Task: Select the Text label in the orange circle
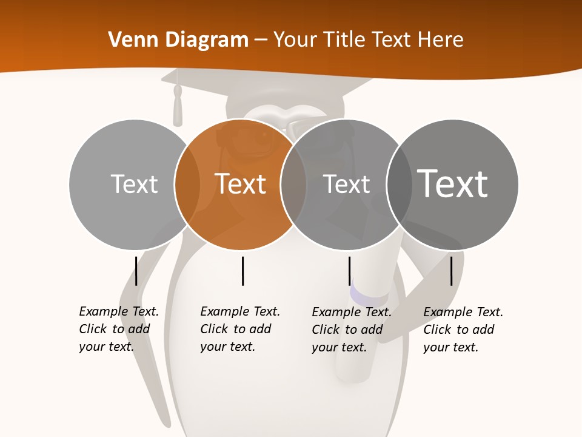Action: tap(241, 184)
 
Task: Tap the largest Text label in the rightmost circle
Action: tap(453, 183)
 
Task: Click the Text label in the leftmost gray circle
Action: tap(134, 184)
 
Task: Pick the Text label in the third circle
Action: tap(346, 184)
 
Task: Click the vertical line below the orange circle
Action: tap(242, 271)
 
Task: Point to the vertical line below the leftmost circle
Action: tap(136, 271)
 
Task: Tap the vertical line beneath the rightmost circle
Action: tap(452, 271)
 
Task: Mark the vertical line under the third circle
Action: tap(350, 271)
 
